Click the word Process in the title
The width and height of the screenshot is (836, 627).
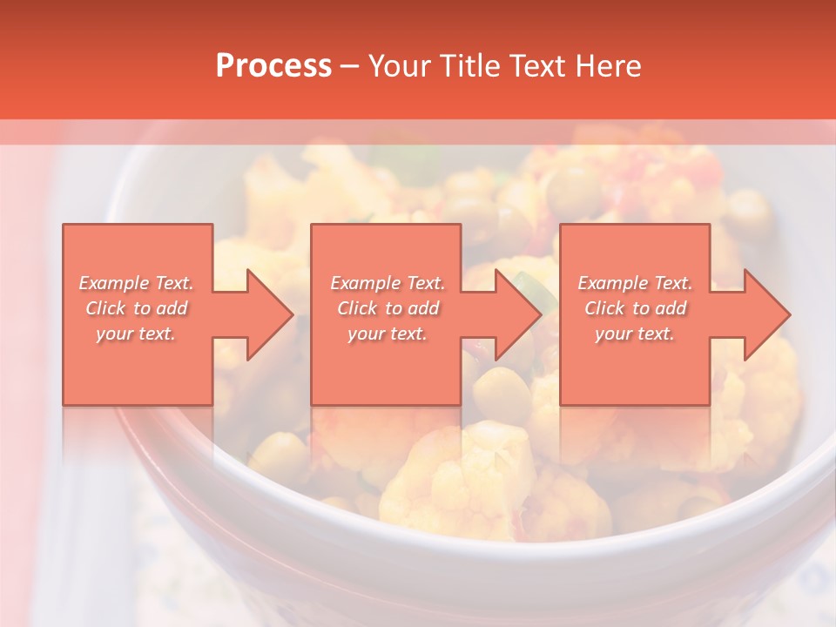point(273,66)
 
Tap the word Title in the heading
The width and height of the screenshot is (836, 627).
point(469,66)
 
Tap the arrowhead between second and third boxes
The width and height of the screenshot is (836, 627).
point(517,314)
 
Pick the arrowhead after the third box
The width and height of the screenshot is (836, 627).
point(766,314)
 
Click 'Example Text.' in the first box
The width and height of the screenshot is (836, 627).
point(137,283)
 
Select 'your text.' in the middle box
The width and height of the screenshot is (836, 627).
point(387,334)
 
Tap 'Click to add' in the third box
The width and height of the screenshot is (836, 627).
point(636,308)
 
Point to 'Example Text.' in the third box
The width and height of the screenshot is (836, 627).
point(636,283)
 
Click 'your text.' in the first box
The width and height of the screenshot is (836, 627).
point(136,334)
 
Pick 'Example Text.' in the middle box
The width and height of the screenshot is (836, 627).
point(388,283)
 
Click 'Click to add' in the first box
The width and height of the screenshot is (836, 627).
point(137,308)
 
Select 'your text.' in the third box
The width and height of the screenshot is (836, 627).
point(635,334)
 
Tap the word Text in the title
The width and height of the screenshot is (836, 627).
point(538,66)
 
